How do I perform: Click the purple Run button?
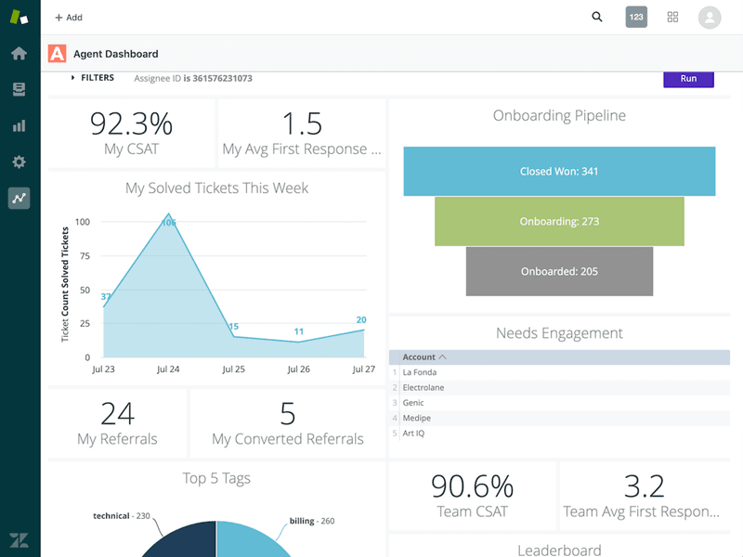[688, 79]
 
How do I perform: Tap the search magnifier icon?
[597, 17]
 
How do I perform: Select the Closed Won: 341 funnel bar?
[559, 172]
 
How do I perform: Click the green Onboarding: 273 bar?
[559, 222]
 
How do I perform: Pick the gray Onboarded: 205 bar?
[559, 271]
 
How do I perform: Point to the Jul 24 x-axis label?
[168, 369]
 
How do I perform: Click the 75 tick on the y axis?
[85, 256]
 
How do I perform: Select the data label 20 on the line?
[361, 320]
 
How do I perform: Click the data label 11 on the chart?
[298, 331]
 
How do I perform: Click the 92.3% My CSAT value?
[131, 124]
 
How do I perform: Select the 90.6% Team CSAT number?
[472, 486]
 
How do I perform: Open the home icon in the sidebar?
[19, 53]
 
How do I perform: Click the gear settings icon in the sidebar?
[19, 162]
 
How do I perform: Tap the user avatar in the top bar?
[710, 17]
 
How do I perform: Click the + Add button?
[69, 18]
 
